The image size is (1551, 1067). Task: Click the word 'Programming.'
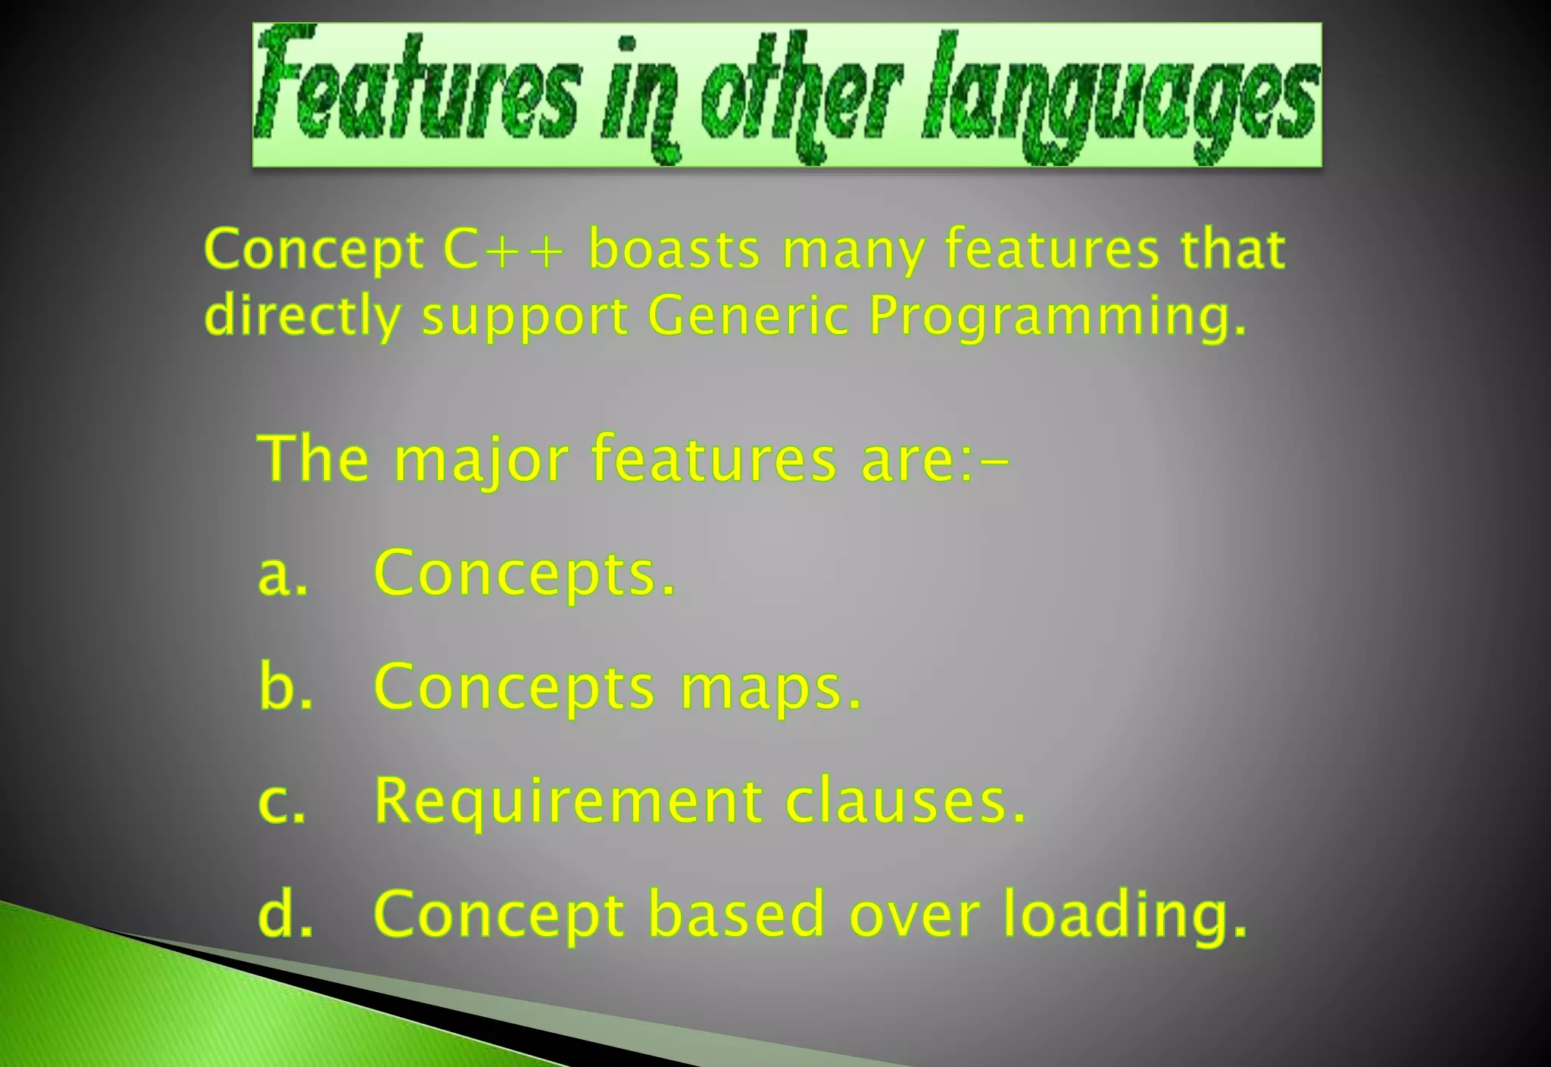[x=1057, y=317]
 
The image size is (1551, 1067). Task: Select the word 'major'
[x=481, y=460]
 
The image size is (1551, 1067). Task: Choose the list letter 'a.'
[x=282, y=573]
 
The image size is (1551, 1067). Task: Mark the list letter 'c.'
[x=282, y=801]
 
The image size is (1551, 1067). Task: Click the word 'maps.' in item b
[x=771, y=688]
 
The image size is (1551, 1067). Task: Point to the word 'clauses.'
[x=906, y=801]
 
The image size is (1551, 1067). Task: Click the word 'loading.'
[x=1125, y=916]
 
